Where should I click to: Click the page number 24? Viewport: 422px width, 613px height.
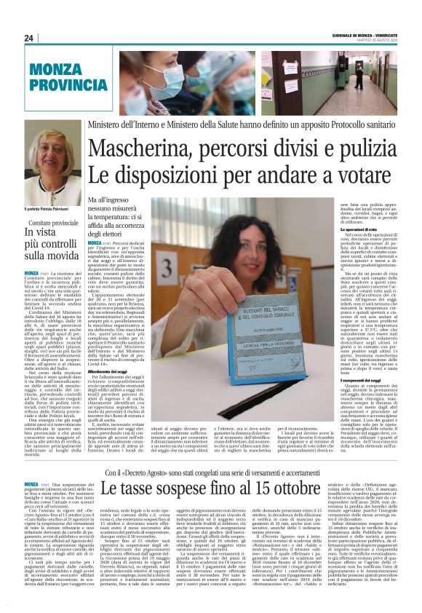pos(28,38)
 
